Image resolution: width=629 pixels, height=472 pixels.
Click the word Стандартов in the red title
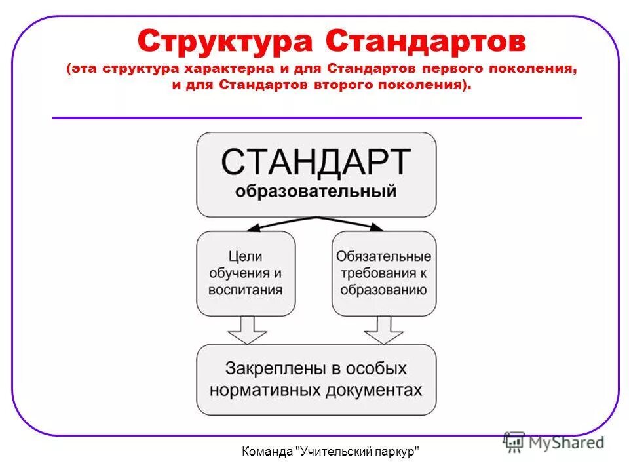(x=425, y=43)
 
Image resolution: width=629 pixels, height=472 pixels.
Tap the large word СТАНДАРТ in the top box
(x=316, y=162)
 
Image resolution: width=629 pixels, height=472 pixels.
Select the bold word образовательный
(x=316, y=192)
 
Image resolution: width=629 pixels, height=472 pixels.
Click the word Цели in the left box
(x=246, y=256)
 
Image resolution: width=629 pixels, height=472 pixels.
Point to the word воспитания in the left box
(x=246, y=290)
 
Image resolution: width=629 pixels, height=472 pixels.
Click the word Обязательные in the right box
(x=383, y=256)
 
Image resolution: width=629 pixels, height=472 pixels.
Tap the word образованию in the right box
(x=383, y=290)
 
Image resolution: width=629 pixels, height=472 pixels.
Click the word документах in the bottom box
(x=373, y=389)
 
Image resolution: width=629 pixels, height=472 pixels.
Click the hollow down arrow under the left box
(x=246, y=330)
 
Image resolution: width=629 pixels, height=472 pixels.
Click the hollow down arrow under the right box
(x=383, y=330)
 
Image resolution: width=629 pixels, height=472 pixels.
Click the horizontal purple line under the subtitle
(x=316, y=118)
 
